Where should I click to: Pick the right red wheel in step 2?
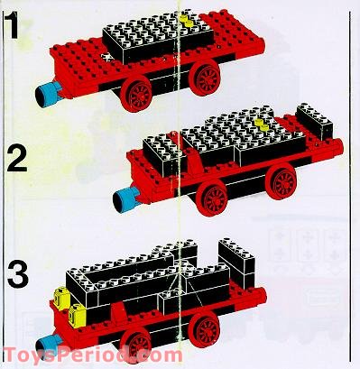[282, 182]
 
